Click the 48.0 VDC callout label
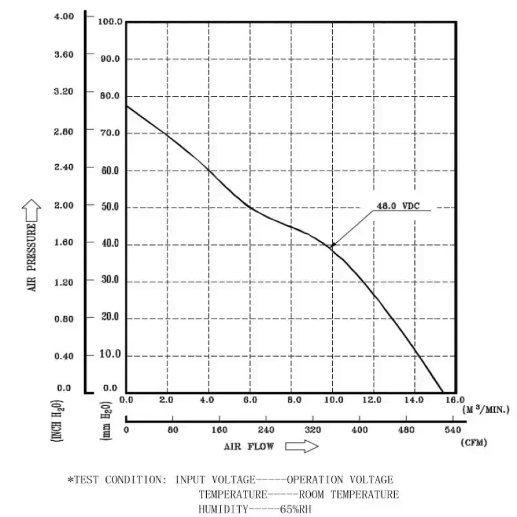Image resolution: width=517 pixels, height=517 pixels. [x=397, y=207]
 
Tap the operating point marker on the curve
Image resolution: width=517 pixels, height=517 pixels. [x=333, y=245]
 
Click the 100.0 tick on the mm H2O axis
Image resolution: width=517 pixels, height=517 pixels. [x=110, y=22]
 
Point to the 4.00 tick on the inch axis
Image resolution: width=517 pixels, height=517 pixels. [x=63, y=16]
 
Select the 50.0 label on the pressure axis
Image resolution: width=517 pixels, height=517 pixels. [x=110, y=207]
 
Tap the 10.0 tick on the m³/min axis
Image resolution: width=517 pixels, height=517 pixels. [x=332, y=400]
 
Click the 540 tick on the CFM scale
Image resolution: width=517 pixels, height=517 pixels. [x=452, y=430]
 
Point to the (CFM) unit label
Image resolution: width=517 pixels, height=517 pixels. [x=474, y=443]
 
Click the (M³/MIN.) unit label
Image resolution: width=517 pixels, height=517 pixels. [x=485, y=409]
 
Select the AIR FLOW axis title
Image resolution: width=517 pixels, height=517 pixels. [x=249, y=446]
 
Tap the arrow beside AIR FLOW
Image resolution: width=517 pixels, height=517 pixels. [x=302, y=446]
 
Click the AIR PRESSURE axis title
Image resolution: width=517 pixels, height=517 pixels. [x=31, y=255]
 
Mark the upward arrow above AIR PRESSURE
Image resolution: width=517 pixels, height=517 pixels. [x=31, y=209]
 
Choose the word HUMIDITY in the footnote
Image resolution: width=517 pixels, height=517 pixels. [x=223, y=509]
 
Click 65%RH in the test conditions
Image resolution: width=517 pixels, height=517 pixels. [x=297, y=509]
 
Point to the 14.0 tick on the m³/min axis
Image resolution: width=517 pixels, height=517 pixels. [x=415, y=400]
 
